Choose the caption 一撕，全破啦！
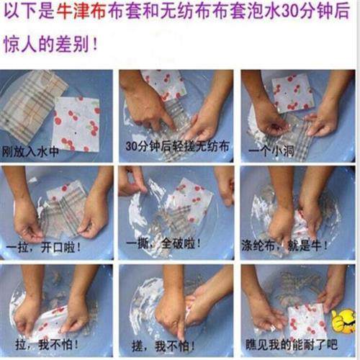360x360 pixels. point(166,245)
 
